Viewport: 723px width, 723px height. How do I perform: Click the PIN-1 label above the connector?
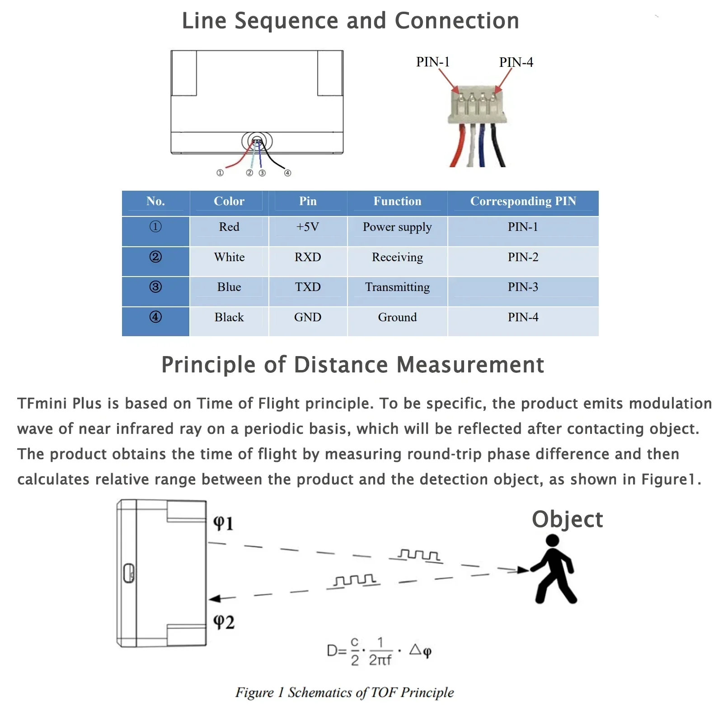(432, 62)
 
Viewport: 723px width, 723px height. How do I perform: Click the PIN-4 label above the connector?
(516, 62)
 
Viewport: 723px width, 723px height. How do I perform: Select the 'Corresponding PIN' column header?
(523, 201)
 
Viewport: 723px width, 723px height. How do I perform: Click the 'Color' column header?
(229, 201)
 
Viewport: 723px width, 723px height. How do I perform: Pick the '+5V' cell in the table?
(308, 227)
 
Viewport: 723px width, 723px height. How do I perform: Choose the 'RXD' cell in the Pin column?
(308, 257)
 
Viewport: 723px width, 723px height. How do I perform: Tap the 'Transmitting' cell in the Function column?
(397, 287)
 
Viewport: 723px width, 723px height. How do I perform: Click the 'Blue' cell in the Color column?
(229, 287)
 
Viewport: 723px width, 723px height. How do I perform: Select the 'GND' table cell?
(308, 317)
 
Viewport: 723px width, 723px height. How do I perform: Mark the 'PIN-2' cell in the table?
(523, 257)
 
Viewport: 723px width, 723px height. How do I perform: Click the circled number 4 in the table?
(155, 317)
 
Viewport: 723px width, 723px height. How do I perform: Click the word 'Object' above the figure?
(567, 519)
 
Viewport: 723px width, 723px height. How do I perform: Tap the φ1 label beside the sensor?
(223, 523)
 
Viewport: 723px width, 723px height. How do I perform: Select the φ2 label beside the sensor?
(224, 622)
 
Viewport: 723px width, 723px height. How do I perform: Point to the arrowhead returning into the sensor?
(216, 599)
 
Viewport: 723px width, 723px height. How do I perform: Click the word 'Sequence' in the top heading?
(286, 21)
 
